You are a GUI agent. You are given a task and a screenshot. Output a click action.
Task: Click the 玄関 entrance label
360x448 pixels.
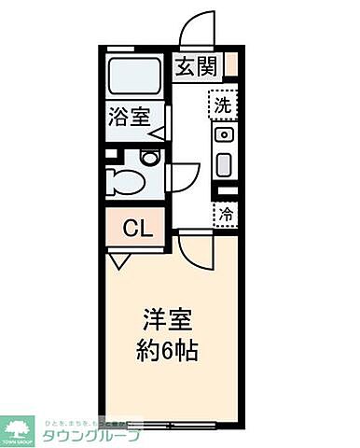197,67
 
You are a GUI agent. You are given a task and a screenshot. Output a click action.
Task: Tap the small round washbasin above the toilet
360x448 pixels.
149,158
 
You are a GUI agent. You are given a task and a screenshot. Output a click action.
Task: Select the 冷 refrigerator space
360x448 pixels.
225,215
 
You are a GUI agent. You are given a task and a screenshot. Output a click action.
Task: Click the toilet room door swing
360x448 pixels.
186,174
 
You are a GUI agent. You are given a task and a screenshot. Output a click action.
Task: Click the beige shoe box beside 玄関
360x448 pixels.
230,64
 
